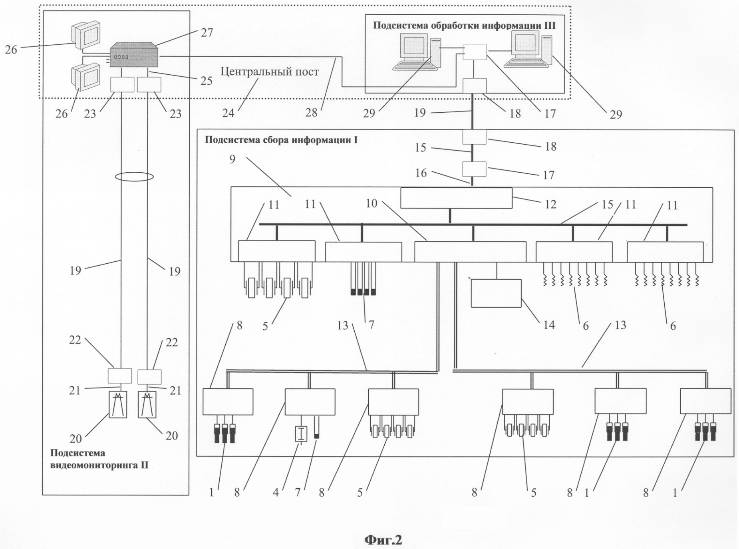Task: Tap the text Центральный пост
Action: click(x=270, y=72)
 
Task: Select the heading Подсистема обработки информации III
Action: click(x=464, y=26)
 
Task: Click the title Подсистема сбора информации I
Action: click(x=281, y=140)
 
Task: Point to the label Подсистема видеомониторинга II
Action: click(x=99, y=459)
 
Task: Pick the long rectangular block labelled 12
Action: click(x=456, y=198)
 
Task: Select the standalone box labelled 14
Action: click(x=496, y=293)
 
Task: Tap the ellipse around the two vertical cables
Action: click(x=134, y=176)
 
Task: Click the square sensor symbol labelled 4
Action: click(x=300, y=434)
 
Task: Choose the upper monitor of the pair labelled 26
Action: click(x=86, y=35)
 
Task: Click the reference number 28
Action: click(x=311, y=113)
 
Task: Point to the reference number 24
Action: click(x=228, y=113)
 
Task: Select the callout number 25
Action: click(x=206, y=81)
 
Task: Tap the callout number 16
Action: click(x=421, y=173)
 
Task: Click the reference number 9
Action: click(x=232, y=159)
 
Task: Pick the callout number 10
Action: click(x=371, y=203)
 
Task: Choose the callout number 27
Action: click(x=207, y=32)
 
